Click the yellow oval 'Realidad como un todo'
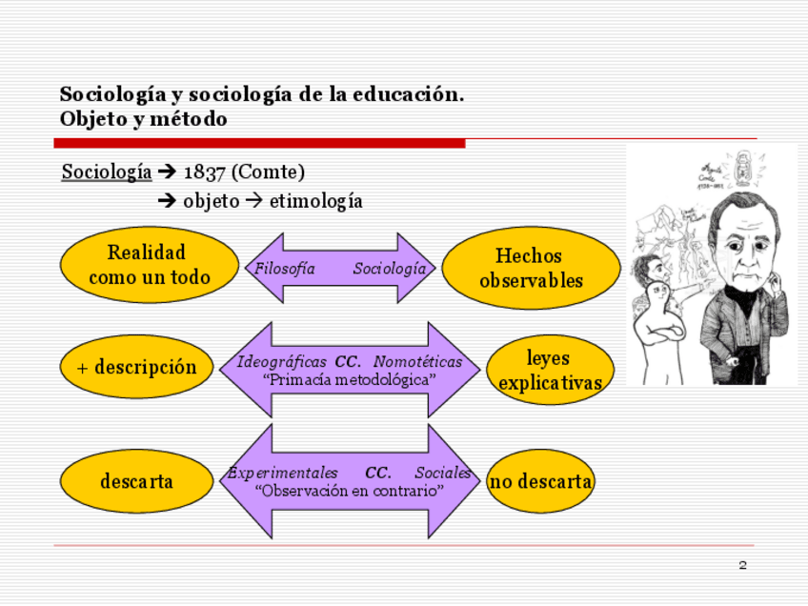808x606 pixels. (149, 265)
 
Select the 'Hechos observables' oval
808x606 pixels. (531, 268)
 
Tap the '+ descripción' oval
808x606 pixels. (136, 368)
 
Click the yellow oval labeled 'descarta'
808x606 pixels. (136, 481)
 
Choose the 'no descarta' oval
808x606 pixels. (540, 481)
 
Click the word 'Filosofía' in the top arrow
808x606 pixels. (285, 269)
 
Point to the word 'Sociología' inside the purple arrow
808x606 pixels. (390, 269)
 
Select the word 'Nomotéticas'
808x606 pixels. (417, 362)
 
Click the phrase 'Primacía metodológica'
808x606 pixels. (350, 379)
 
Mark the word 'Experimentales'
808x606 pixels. (283, 474)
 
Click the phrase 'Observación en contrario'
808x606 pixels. (350, 491)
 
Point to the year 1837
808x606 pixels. (204, 172)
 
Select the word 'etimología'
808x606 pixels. (315, 202)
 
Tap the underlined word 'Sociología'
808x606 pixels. (107, 172)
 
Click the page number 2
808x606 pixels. (742, 566)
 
